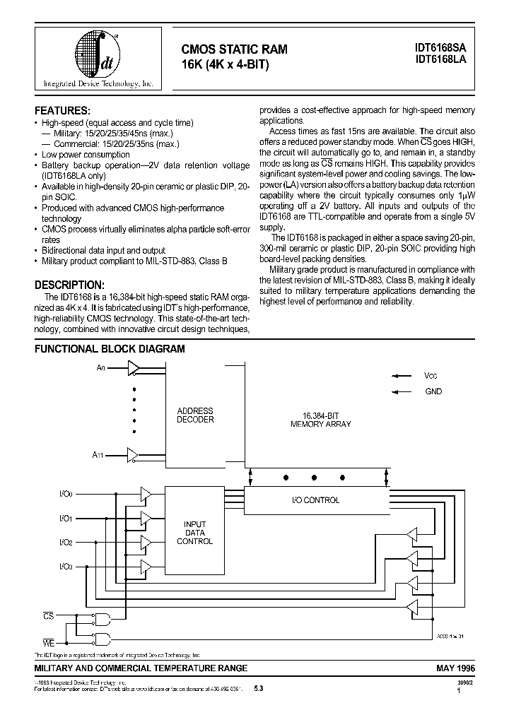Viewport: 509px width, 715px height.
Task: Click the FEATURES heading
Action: (62, 110)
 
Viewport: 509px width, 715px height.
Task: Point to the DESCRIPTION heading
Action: (69, 285)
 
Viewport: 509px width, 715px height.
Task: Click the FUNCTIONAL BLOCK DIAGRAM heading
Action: (110, 349)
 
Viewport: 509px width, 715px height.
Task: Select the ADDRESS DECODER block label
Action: (195, 415)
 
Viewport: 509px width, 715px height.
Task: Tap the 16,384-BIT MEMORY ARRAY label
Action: (320, 420)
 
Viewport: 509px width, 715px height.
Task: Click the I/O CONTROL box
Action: (315, 500)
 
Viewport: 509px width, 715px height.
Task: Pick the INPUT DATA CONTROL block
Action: (194, 532)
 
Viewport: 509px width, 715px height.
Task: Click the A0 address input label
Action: (100, 368)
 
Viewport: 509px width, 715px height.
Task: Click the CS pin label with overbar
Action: (49, 616)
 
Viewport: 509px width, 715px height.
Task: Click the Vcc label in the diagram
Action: (431, 376)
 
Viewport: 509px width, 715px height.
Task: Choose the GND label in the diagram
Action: (433, 391)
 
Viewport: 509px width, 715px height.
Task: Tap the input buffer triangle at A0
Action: (134, 367)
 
